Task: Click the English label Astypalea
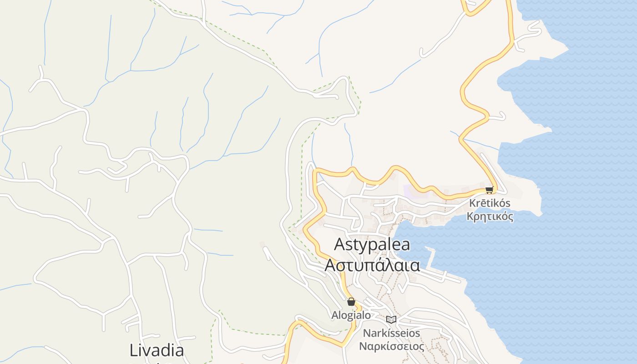372,244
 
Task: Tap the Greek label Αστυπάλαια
372,265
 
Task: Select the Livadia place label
157,350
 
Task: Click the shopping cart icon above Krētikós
489,190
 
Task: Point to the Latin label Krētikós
490,203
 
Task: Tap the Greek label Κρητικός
490,216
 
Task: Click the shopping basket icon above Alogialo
351,301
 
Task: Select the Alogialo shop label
351,315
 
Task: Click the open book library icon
391,319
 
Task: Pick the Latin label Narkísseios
391,333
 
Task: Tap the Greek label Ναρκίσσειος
391,346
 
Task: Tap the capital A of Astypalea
339,244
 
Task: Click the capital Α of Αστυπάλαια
330,265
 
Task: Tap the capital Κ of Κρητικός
470,216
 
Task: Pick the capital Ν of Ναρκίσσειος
363,346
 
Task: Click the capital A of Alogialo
334,315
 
